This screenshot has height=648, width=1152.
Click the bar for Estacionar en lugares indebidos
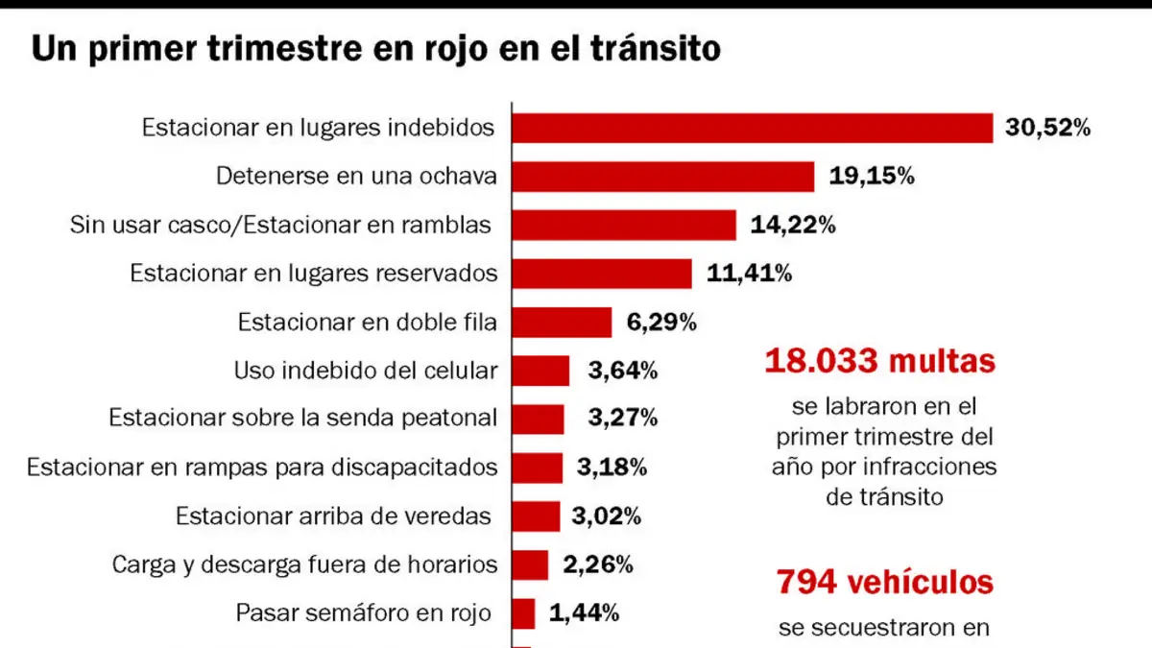tap(753, 128)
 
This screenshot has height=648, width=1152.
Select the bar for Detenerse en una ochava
tap(663, 177)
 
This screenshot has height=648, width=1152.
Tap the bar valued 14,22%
tap(624, 225)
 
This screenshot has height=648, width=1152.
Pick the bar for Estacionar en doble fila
tap(563, 323)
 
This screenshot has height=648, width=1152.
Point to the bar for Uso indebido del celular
tap(541, 371)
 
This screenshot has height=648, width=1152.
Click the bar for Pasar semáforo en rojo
tap(523, 613)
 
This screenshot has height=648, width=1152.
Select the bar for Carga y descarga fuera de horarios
tap(530, 565)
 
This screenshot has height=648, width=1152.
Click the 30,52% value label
tap(1047, 127)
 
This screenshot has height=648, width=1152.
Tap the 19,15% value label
tap(872, 176)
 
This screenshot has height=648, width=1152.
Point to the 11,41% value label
tap(750, 273)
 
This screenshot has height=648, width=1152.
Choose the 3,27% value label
tap(623, 418)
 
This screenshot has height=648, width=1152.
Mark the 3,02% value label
tap(607, 516)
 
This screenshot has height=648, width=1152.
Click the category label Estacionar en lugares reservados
tap(314, 273)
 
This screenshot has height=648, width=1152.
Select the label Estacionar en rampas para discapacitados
tap(262, 468)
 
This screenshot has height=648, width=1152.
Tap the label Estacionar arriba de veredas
tap(333, 516)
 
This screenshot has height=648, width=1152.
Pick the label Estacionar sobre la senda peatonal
tap(303, 418)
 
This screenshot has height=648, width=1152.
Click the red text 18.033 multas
tap(880, 361)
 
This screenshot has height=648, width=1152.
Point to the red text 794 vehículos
tap(884, 582)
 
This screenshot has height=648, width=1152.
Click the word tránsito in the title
tap(655, 48)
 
